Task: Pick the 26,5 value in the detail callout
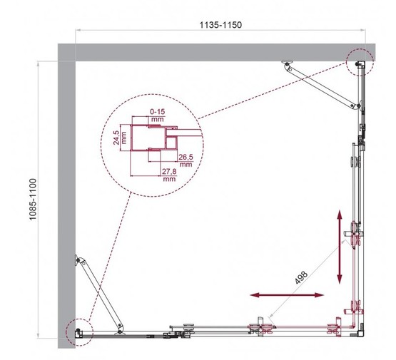tap(186, 159)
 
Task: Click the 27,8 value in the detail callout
tap(169, 175)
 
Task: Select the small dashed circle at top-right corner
tap(359, 62)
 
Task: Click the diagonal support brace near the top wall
tap(321, 86)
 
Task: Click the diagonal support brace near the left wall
tap(96, 292)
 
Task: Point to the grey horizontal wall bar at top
tap(214, 51)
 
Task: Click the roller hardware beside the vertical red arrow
tap(355, 236)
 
